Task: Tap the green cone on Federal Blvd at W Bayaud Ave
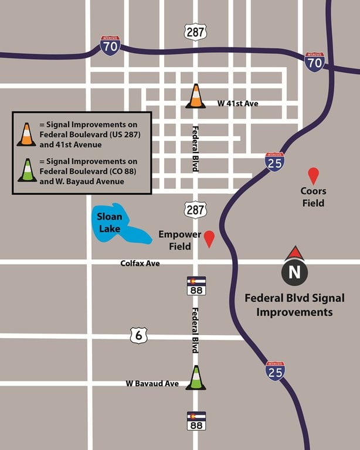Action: click(x=196, y=378)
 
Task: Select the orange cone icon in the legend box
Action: click(x=26, y=134)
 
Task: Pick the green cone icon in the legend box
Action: click(x=26, y=169)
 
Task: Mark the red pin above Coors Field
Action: click(x=314, y=175)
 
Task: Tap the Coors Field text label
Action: click(x=313, y=197)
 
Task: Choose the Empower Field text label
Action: click(x=180, y=240)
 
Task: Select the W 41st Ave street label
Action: click(x=237, y=104)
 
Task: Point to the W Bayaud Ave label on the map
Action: click(x=152, y=384)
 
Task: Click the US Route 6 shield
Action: click(x=139, y=335)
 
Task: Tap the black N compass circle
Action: click(x=294, y=272)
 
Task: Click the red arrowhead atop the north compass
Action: click(x=294, y=253)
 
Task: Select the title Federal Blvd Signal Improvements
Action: click(x=294, y=305)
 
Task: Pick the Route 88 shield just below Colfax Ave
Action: click(x=196, y=286)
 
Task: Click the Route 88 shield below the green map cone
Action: click(x=196, y=421)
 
